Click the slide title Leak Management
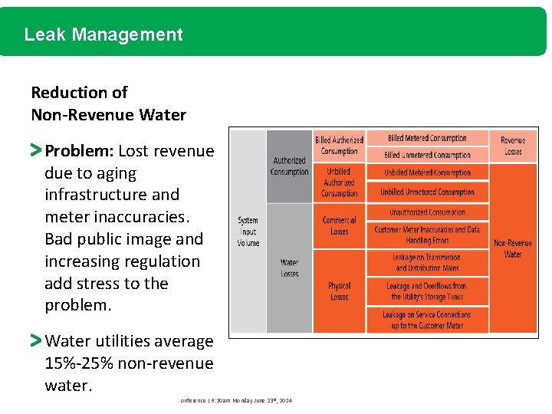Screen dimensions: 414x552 pos(103,34)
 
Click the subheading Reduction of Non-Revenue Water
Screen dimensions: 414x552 pos(108,103)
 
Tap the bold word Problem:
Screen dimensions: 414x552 pos(79,151)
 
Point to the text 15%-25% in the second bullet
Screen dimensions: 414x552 pos(79,363)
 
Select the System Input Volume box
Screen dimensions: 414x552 pos(248,232)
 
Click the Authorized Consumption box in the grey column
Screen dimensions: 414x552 pos(289,166)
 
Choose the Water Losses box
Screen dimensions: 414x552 pos(289,268)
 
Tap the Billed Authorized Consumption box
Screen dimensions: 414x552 pos(339,146)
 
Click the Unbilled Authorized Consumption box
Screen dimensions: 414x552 pos(339,182)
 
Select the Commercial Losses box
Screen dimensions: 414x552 pos(339,226)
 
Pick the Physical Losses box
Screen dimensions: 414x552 pos(339,291)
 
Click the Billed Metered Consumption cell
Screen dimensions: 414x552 pos(427,139)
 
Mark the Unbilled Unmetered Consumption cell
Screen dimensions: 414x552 pos(427,192)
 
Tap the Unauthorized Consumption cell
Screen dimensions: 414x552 pos(427,212)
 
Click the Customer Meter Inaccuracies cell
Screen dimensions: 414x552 pos(427,235)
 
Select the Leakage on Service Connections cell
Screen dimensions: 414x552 pos(427,320)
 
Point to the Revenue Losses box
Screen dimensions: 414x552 pos(513,146)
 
